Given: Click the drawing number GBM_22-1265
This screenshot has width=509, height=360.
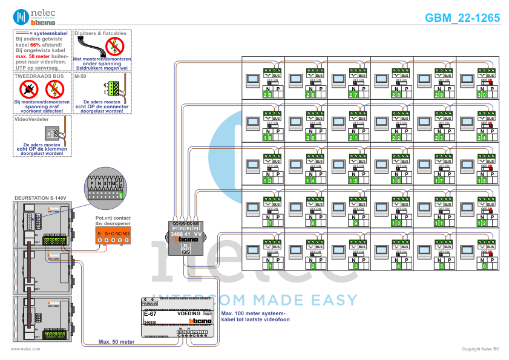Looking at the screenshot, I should [462, 18].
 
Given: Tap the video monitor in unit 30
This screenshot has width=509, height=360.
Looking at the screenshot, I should [467, 80].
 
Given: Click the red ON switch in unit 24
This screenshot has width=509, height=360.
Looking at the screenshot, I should [489, 125].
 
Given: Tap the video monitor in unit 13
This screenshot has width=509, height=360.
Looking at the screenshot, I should [251, 166].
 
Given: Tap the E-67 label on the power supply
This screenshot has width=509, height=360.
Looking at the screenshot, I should [149, 314].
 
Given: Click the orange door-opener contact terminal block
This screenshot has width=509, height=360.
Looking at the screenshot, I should [113, 233].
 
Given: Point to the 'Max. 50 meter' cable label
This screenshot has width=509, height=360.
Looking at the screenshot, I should [117, 342].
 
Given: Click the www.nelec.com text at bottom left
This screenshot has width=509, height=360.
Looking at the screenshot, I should [25, 349].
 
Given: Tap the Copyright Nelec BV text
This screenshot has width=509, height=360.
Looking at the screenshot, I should [480, 349].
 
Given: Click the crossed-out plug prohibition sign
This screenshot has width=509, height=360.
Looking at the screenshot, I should [28, 90].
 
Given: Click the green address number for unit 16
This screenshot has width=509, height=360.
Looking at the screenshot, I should [398, 180].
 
